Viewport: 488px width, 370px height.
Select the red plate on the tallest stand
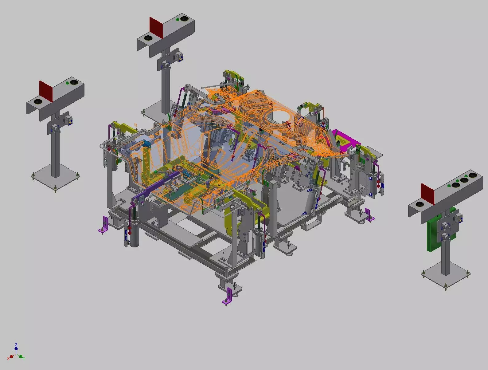coord(156,28)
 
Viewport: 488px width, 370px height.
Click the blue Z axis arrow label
coord(16,345)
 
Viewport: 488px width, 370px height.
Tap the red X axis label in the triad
coord(9,359)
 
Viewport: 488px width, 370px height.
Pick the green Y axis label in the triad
coord(24,358)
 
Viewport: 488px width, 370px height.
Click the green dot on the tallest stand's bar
coord(178,20)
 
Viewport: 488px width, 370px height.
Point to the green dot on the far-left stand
coord(67,83)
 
